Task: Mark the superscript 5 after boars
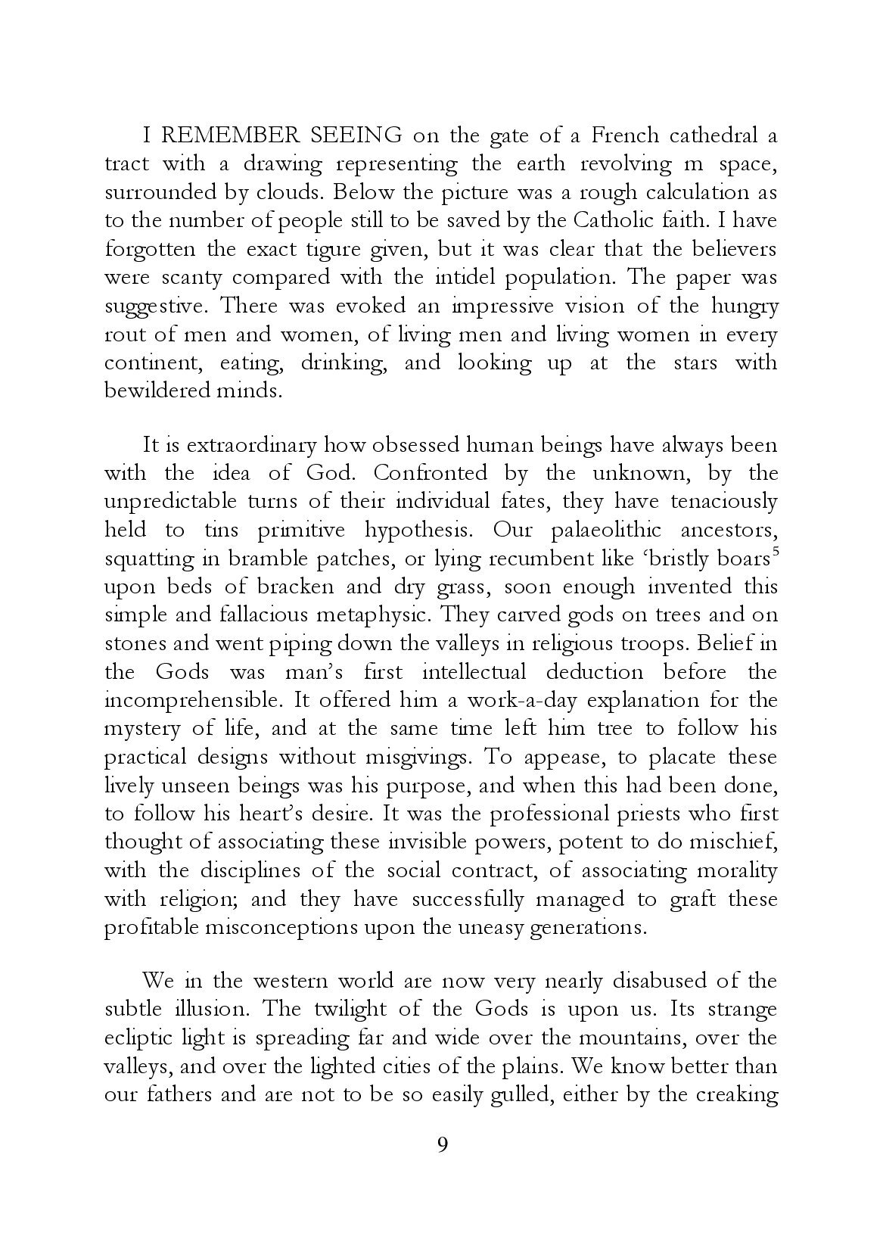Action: [x=773, y=552]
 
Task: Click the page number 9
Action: [x=443, y=1166]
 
